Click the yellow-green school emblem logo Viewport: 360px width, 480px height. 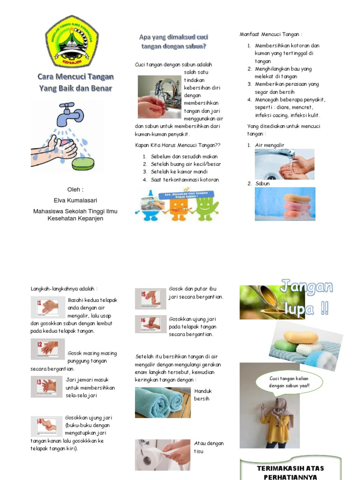coord(72,40)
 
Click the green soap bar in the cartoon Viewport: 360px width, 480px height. coord(83,163)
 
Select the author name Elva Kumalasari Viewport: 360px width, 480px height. coord(75,200)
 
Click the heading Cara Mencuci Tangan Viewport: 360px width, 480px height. coord(75,77)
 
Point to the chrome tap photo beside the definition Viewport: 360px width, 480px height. coord(159,97)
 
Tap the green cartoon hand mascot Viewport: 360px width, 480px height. coord(206,203)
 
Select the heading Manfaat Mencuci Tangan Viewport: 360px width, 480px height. coord(271,34)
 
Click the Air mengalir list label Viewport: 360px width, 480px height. coord(270,145)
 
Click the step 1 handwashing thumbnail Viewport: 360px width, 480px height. coord(45,307)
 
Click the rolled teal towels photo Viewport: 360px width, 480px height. coord(163,402)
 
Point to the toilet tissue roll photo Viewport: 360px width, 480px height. coord(163,454)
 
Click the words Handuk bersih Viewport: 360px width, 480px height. coord(203,395)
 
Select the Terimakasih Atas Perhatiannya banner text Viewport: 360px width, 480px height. coord(290,472)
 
